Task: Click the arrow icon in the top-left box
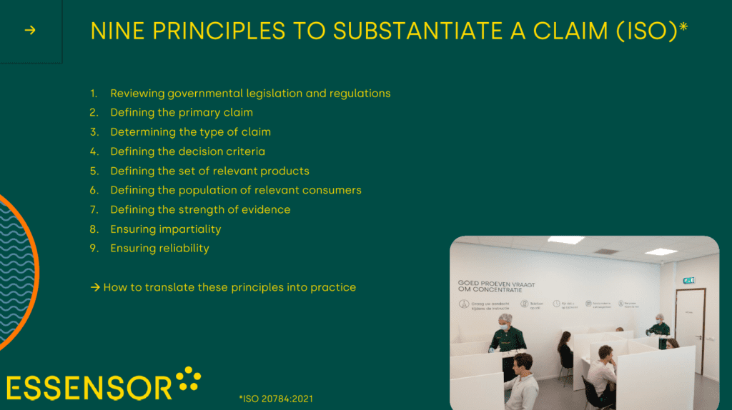click(x=30, y=30)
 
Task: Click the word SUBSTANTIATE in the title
click(x=395, y=31)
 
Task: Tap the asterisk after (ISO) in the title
click(x=683, y=27)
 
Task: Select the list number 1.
click(x=93, y=94)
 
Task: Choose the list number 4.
click(x=93, y=151)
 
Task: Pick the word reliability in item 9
click(x=184, y=249)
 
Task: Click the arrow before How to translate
click(x=95, y=287)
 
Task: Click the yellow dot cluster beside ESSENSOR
click(x=189, y=379)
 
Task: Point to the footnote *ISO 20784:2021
click(x=276, y=399)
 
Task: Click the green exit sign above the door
click(x=688, y=281)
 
